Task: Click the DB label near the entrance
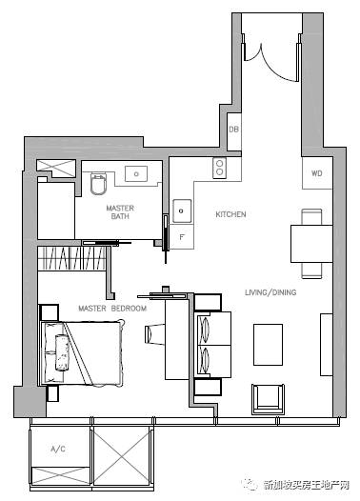[234, 130]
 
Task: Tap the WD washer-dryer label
[316, 173]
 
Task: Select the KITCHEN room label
[230, 214]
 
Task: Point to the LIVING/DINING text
[270, 292]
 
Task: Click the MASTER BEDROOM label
[112, 309]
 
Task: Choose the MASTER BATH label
[120, 211]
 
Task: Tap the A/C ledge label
[58, 449]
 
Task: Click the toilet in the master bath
[98, 184]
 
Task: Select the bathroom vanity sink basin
[136, 173]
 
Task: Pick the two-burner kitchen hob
[219, 168]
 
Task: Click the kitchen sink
[182, 210]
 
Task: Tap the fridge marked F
[182, 237]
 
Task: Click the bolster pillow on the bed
[62, 352]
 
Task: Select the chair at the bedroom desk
[154, 334]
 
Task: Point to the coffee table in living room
[268, 345]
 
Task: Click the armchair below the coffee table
[268, 399]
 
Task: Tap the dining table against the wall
[311, 244]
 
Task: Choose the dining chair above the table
[311, 217]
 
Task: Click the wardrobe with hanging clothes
[71, 258]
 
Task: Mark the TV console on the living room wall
[327, 345]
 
